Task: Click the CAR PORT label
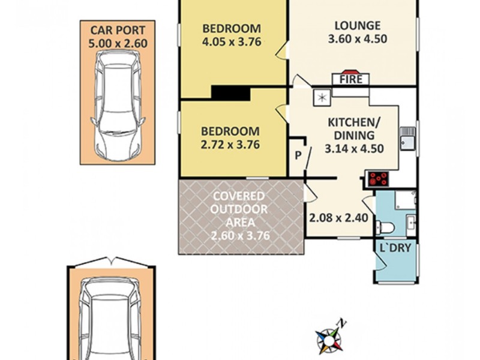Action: click(118, 29)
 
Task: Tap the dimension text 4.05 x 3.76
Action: click(231, 43)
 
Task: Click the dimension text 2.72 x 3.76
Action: click(230, 145)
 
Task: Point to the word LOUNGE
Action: click(357, 26)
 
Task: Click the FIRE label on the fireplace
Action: click(351, 79)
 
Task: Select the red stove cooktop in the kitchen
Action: click(379, 178)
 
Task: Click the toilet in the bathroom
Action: click(386, 227)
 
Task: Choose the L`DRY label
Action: click(395, 248)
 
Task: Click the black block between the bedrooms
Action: click(230, 93)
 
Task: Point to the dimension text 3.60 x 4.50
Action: click(357, 40)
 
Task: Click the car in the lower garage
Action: click(113, 318)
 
